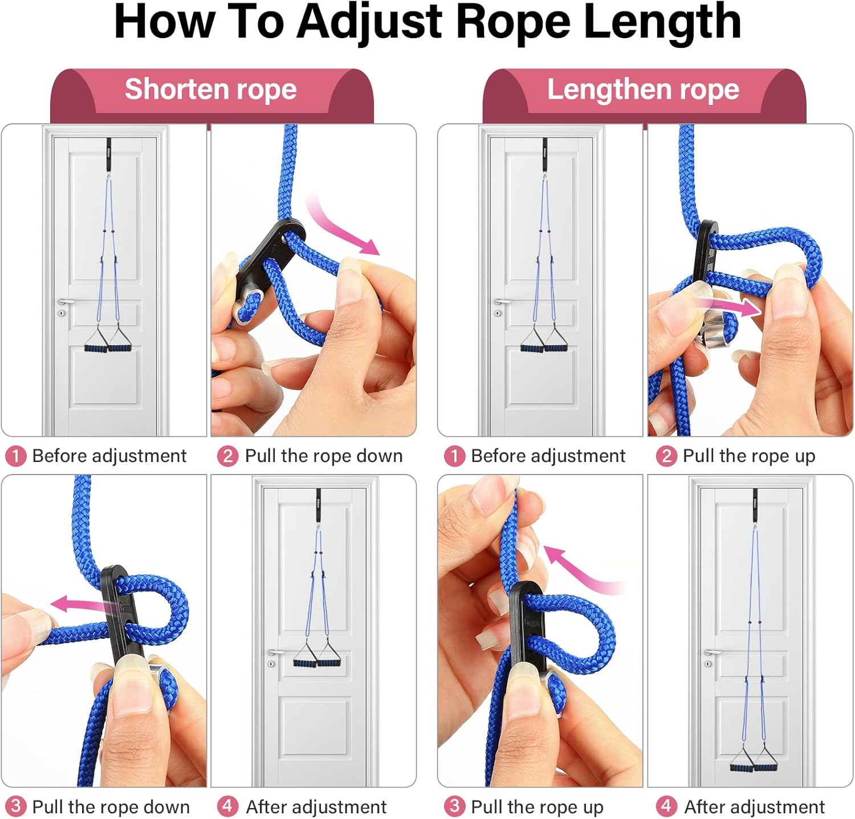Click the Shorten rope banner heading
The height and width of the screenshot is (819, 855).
click(211, 90)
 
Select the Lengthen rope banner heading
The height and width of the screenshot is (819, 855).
click(643, 90)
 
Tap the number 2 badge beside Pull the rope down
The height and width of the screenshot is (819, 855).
click(227, 456)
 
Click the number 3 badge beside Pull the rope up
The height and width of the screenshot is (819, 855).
click(454, 806)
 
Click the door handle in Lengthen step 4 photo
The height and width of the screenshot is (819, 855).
click(711, 652)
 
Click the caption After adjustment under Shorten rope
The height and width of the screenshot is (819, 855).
click(316, 807)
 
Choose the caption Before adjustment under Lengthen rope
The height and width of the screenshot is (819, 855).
click(548, 456)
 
